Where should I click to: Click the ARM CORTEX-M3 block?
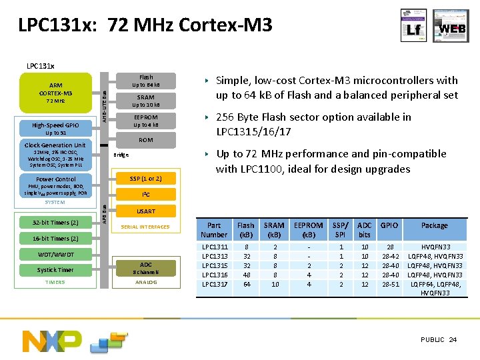point(56,93)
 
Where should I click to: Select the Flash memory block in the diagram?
point(145,81)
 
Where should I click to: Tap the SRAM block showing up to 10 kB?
point(145,101)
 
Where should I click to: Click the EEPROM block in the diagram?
point(145,121)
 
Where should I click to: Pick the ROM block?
point(145,140)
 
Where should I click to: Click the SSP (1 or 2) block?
point(145,179)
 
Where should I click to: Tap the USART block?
point(145,211)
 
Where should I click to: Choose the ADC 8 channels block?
point(145,268)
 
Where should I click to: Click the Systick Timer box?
point(55,270)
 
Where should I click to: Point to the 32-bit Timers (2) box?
point(56,223)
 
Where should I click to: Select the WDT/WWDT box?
point(56,254)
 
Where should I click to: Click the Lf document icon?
point(413,25)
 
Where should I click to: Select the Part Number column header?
point(214,230)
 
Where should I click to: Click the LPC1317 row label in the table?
point(215,284)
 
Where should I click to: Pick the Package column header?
point(434,225)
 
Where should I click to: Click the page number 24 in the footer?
point(453,340)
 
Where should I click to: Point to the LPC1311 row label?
point(215,247)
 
